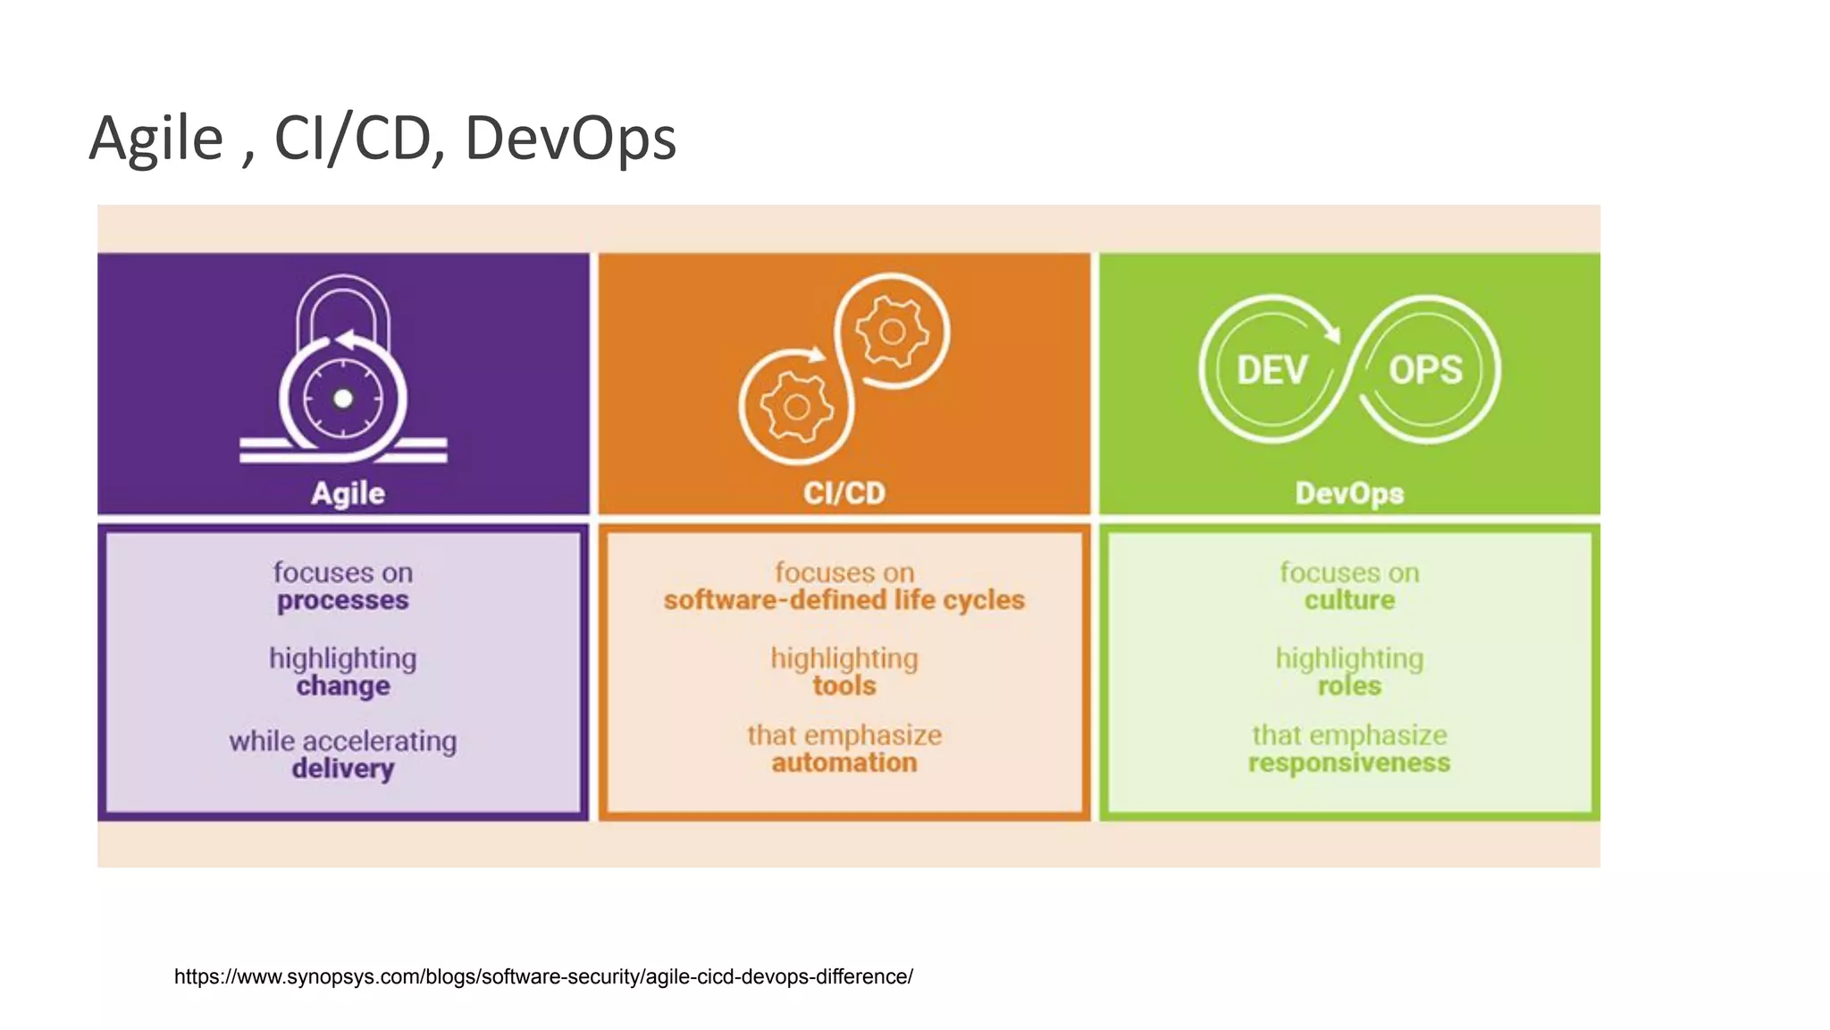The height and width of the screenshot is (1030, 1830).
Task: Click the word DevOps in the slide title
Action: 570,139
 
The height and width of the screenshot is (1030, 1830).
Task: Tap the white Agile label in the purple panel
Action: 348,494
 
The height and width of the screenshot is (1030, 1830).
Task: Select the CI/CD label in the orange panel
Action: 844,493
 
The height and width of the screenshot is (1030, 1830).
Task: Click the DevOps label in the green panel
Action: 1349,493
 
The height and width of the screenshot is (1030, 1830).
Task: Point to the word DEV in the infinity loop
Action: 1272,370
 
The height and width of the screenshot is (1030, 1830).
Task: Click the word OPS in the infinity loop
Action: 1425,370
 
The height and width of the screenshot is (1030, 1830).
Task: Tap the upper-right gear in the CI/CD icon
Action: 892,333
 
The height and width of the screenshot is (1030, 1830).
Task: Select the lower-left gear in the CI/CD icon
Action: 796,408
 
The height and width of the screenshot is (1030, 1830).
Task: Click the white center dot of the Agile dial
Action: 343,399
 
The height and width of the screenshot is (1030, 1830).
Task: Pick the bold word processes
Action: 343,601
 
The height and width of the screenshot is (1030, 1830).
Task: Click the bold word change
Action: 343,687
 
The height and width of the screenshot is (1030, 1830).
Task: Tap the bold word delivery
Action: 343,769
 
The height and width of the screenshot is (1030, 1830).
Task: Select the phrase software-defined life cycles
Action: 844,600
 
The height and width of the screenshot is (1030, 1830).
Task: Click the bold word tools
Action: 844,687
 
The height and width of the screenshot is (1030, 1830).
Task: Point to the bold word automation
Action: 844,763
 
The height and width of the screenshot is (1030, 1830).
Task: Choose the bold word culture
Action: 1349,600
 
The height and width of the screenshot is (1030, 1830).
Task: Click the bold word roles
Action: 1349,687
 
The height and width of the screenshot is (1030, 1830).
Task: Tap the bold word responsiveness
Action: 1349,763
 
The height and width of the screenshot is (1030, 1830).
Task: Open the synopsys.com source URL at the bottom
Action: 543,976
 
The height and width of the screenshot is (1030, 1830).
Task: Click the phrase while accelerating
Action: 343,741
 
